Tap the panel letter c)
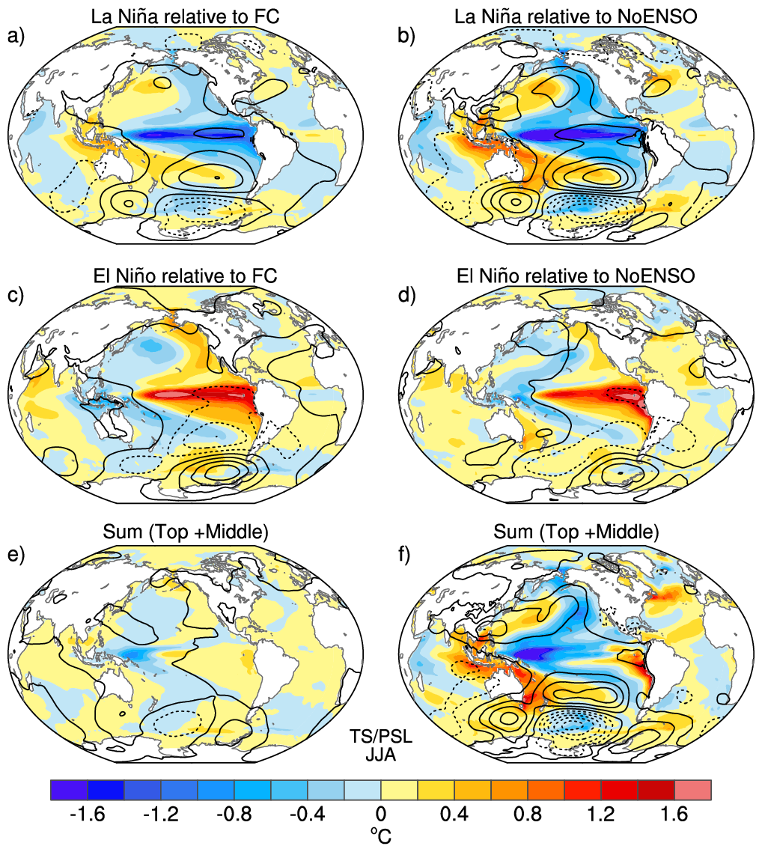coord(16,296)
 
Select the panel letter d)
coord(406,296)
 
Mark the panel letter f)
coord(404,555)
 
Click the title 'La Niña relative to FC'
coord(185,16)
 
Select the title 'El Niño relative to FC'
coord(185,276)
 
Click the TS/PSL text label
coord(381,737)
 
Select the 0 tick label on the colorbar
coord(381,815)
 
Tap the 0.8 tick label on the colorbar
coord(528,815)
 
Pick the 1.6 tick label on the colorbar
coord(674,815)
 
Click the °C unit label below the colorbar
coord(381,836)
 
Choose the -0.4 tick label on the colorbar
coord(308,815)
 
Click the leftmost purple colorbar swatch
coord(69,790)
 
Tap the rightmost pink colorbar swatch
coord(692,790)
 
